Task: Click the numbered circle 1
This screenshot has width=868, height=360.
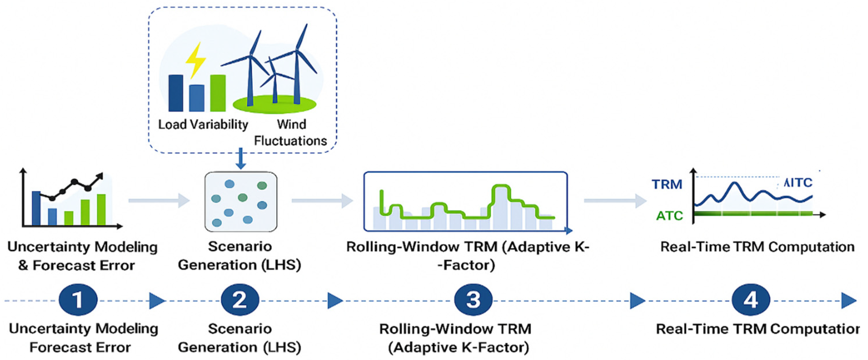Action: coord(78,300)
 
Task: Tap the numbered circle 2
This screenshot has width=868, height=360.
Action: coord(240,300)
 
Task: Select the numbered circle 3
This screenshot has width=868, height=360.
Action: coord(473,300)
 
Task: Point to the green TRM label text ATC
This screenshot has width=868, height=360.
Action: coord(669,216)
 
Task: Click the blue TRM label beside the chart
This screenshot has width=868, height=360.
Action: coord(667,185)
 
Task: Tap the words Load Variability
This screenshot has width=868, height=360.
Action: coord(203,125)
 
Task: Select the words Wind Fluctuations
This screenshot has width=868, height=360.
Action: coord(291,133)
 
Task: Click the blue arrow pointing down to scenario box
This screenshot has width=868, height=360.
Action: coord(240,159)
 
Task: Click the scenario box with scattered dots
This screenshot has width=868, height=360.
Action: coord(241,202)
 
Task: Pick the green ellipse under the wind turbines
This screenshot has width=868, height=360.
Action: coord(275,104)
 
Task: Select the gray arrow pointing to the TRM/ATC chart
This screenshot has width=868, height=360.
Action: coord(615,201)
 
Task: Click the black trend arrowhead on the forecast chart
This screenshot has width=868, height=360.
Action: coord(100,176)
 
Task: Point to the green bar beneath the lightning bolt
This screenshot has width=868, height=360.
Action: coord(218,93)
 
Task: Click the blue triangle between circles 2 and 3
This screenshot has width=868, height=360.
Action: coord(335,300)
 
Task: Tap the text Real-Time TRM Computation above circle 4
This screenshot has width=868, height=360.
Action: coord(757,247)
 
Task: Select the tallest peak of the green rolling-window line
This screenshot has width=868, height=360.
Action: coord(501,186)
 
